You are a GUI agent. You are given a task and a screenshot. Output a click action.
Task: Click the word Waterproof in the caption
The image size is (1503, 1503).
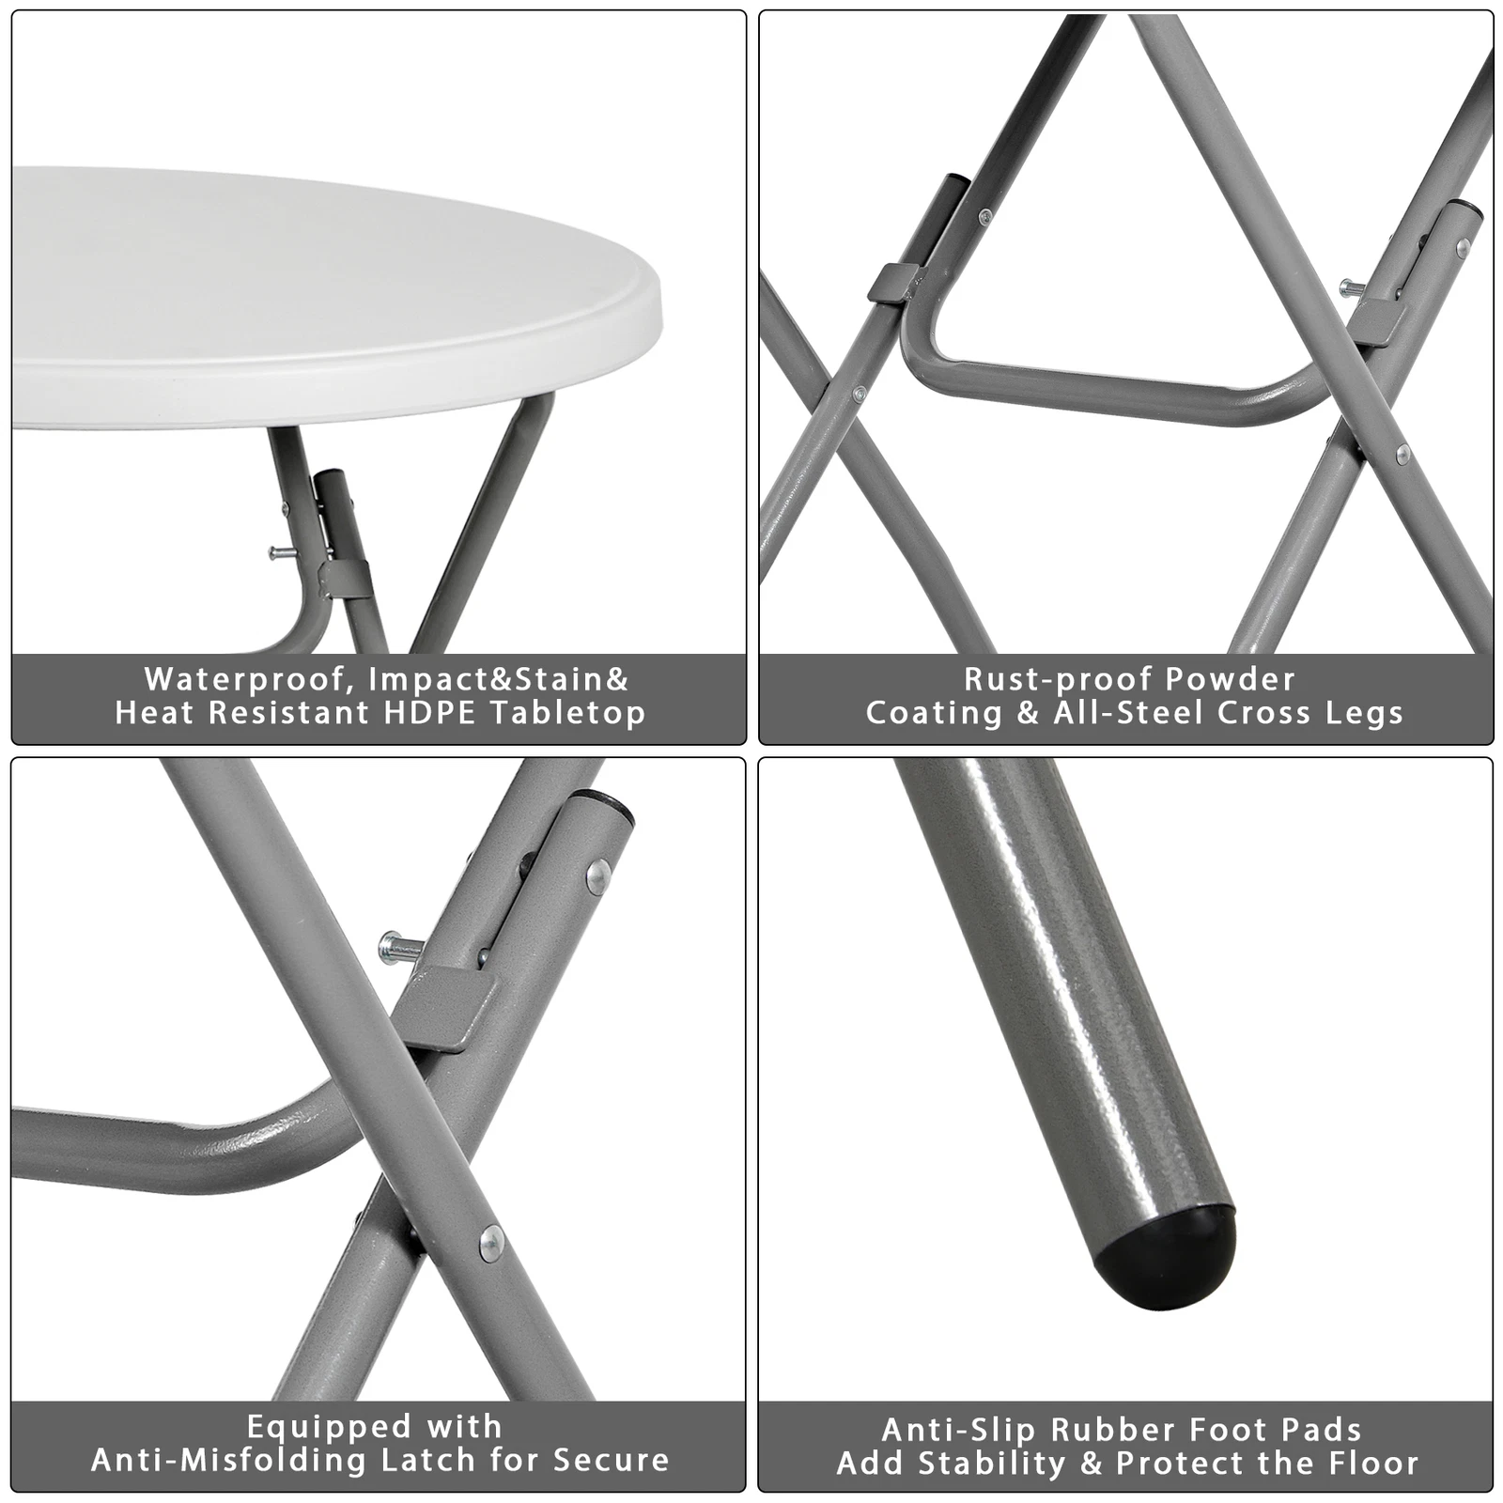[x=249, y=679]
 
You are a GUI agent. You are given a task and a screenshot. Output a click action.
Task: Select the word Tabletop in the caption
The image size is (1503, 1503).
[x=567, y=713]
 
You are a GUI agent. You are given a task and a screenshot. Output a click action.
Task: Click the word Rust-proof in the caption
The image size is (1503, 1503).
[x=1036, y=679]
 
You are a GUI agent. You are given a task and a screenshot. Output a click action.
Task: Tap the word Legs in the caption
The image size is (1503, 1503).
[x=1365, y=713]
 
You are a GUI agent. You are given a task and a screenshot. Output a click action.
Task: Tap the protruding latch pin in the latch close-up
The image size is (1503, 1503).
[x=395, y=946]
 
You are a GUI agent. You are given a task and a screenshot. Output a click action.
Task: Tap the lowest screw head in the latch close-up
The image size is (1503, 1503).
[x=490, y=1243]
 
